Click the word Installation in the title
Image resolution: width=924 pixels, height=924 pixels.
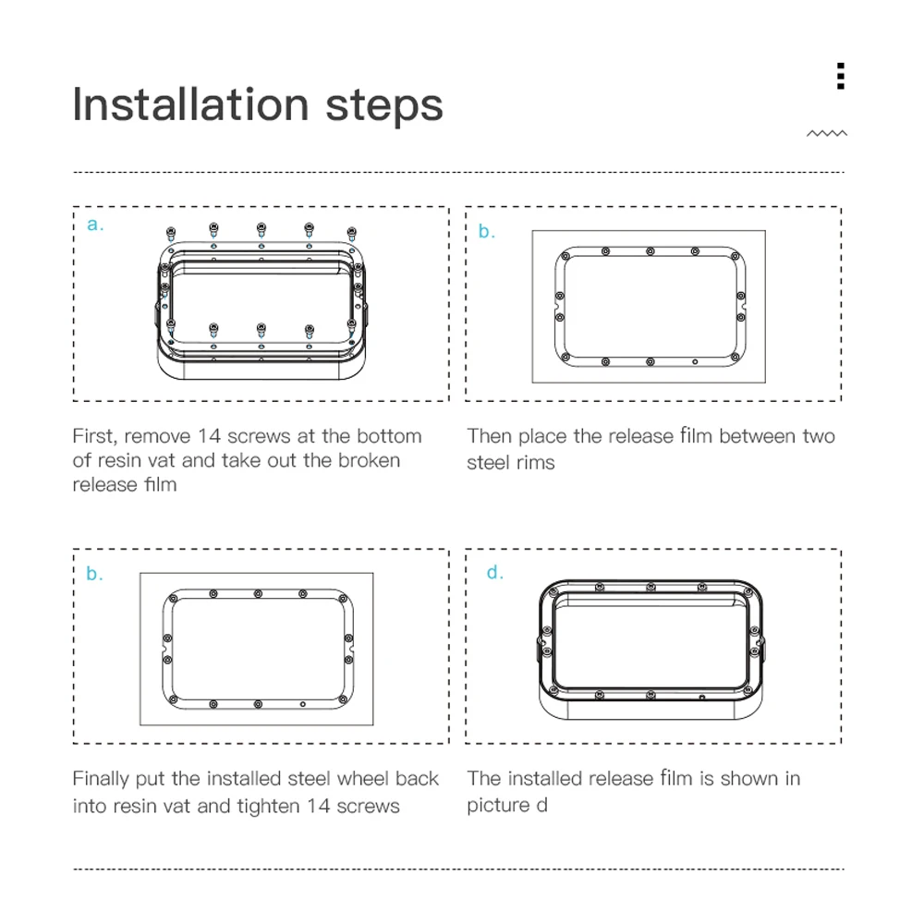click(190, 105)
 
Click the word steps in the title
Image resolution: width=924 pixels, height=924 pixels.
click(383, 107)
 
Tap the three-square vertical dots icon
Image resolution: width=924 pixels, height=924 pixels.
click(841, 76)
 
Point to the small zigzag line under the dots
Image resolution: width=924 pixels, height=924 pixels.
click(827, 134)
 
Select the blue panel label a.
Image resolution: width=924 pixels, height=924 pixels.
click(95, 225)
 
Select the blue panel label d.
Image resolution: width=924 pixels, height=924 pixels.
click(495, 572)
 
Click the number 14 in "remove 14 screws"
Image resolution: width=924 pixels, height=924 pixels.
click(209, 436)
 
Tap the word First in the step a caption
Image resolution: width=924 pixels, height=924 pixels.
click(93, 437)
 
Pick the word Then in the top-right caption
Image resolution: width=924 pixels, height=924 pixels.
click(489, 436)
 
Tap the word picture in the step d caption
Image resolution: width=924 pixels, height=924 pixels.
click(498, 806)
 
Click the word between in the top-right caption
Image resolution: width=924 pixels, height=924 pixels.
click(757, 436)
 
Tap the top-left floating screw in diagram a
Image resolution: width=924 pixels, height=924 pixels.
click(171, 234)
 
